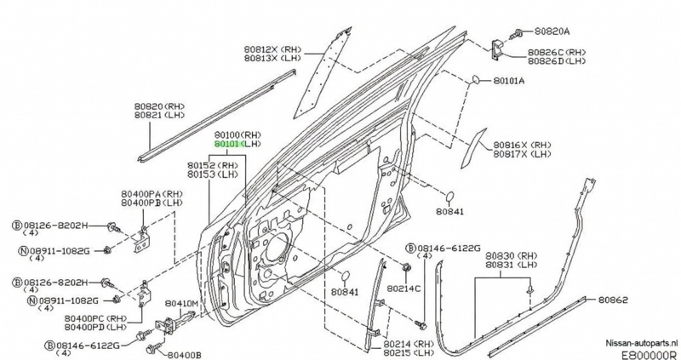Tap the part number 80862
click(613, 300)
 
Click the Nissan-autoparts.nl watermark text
click(641, 339)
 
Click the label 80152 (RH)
click(213, 165)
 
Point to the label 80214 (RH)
click(408, 343)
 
